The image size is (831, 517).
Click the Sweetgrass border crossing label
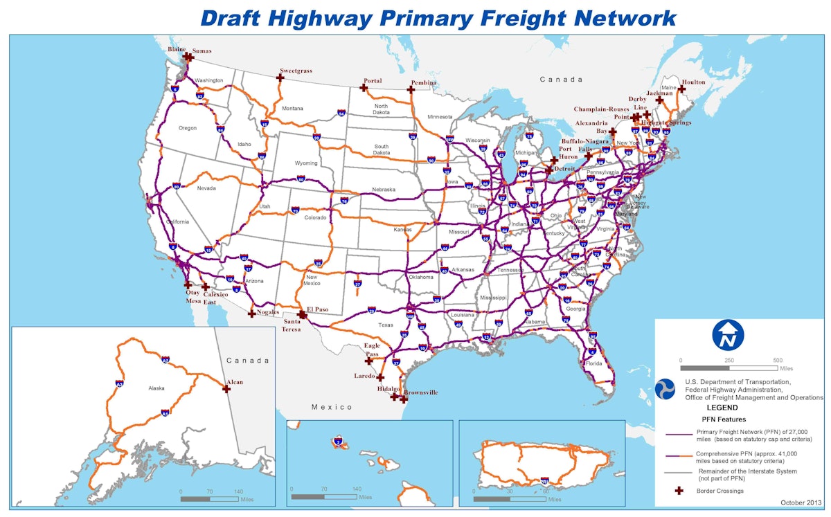coord(296,71)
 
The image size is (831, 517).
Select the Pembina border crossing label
coord(423,83)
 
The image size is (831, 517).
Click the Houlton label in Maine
coord(692,81)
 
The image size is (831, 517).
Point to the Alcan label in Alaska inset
coord(235,382)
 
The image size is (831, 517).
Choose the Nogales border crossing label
coord(267,312)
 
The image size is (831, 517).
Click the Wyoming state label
coord(306,163)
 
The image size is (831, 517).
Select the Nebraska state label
coord(383,189)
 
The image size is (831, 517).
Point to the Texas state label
coord(385,325)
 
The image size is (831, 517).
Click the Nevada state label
coord(206,188)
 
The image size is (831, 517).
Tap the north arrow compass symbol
coord(727,334)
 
